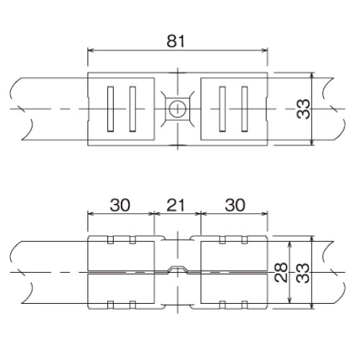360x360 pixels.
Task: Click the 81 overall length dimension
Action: coord(176,41)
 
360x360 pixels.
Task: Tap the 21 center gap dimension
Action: coord(176,205)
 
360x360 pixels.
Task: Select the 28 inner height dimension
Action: coord(281,272)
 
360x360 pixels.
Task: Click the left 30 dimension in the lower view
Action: coord(120,205)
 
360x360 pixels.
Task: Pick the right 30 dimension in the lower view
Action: coord(235,205)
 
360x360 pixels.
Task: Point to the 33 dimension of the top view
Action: coord(303,109)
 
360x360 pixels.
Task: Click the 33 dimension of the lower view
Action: coord(303,273)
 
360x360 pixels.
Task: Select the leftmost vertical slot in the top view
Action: coord(110,109)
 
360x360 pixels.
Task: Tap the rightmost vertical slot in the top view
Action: coord(245,109)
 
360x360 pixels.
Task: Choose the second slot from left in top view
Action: coord(132,109)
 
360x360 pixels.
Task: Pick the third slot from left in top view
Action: coord(222,109)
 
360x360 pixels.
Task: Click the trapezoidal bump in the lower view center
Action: coord(177,269)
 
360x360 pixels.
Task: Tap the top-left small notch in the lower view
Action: coord(110,240)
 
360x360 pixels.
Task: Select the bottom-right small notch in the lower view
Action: coord(245,305)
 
